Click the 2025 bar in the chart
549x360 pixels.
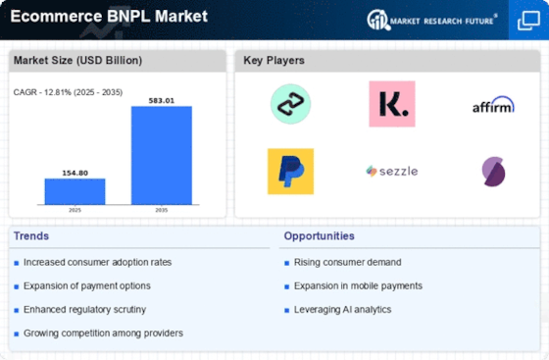75,191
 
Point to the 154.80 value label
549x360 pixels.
75,172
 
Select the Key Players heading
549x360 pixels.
274,61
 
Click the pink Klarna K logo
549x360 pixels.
391,104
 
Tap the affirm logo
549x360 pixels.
492,104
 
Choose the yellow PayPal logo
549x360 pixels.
290,171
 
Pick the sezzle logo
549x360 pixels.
391,171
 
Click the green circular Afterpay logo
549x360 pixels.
290,104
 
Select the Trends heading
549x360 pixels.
30,235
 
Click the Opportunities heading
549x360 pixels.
320,235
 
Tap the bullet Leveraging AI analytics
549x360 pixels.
342,309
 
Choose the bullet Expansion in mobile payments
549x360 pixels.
357,285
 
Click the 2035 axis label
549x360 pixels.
162,210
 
